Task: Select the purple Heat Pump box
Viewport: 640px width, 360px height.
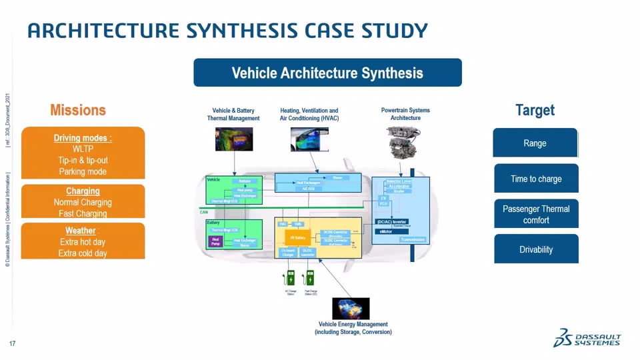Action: pos(215,241)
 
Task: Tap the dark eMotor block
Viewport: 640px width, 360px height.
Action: pos(385,231)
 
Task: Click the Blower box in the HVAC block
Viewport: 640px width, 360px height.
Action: pos(337,178)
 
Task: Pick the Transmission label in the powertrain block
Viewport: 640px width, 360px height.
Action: pos(413,239)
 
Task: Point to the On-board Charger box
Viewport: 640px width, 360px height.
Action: pos(287,252)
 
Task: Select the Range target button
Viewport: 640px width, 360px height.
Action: pos(535,143)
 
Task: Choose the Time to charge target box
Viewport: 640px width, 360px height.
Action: pos(536,179)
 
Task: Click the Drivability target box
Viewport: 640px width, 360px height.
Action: pos(536,249)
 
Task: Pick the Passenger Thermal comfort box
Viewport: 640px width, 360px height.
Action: pos(536,214)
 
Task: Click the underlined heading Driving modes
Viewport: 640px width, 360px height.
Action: pos(83,138)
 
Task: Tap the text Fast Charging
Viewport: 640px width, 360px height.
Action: pos(83,213)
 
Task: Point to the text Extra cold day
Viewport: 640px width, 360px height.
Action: pos(83,253)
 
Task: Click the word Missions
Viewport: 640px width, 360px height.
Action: pos(78,110)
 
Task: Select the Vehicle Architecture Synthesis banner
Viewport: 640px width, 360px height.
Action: pos(327,73)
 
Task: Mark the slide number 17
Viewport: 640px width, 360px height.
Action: pos(13,343)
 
